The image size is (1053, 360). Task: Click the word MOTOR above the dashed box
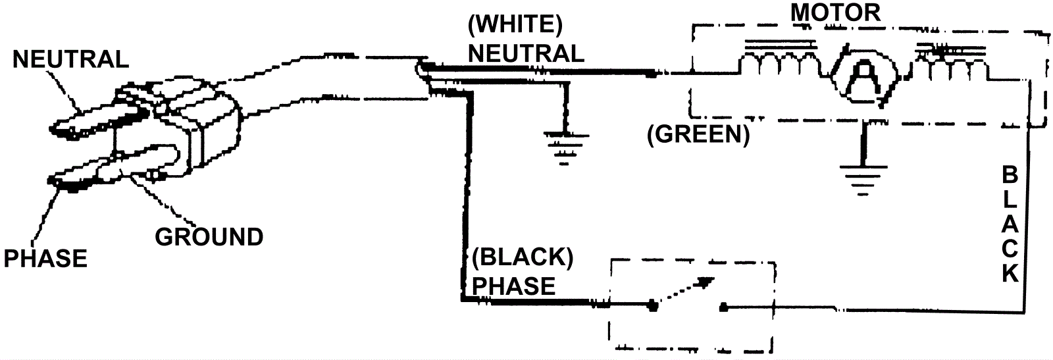click(x=835, y=12)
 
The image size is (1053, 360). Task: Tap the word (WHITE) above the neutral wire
click(x=515, y=24)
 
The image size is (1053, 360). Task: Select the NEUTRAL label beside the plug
click(x=70, y=59)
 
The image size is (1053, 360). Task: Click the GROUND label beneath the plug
click(x=209, y=236)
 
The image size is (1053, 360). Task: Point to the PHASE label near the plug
click(x=45, y=259)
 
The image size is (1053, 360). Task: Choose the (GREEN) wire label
click(x=698, y=134)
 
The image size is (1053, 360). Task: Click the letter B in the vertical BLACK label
click(x=1010, y=176)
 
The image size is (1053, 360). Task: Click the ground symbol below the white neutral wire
click(x=564, y=145)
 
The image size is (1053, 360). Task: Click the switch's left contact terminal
click(x=652, y=305)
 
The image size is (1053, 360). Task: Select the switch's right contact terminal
click(x=723, y=306)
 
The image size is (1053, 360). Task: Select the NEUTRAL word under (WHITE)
click(x=526, y=53)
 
